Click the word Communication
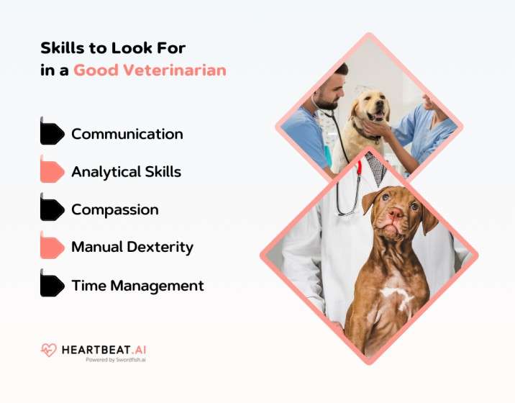click(127, 135)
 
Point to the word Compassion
click(114, 210)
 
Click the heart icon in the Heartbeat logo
click(48, 350)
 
